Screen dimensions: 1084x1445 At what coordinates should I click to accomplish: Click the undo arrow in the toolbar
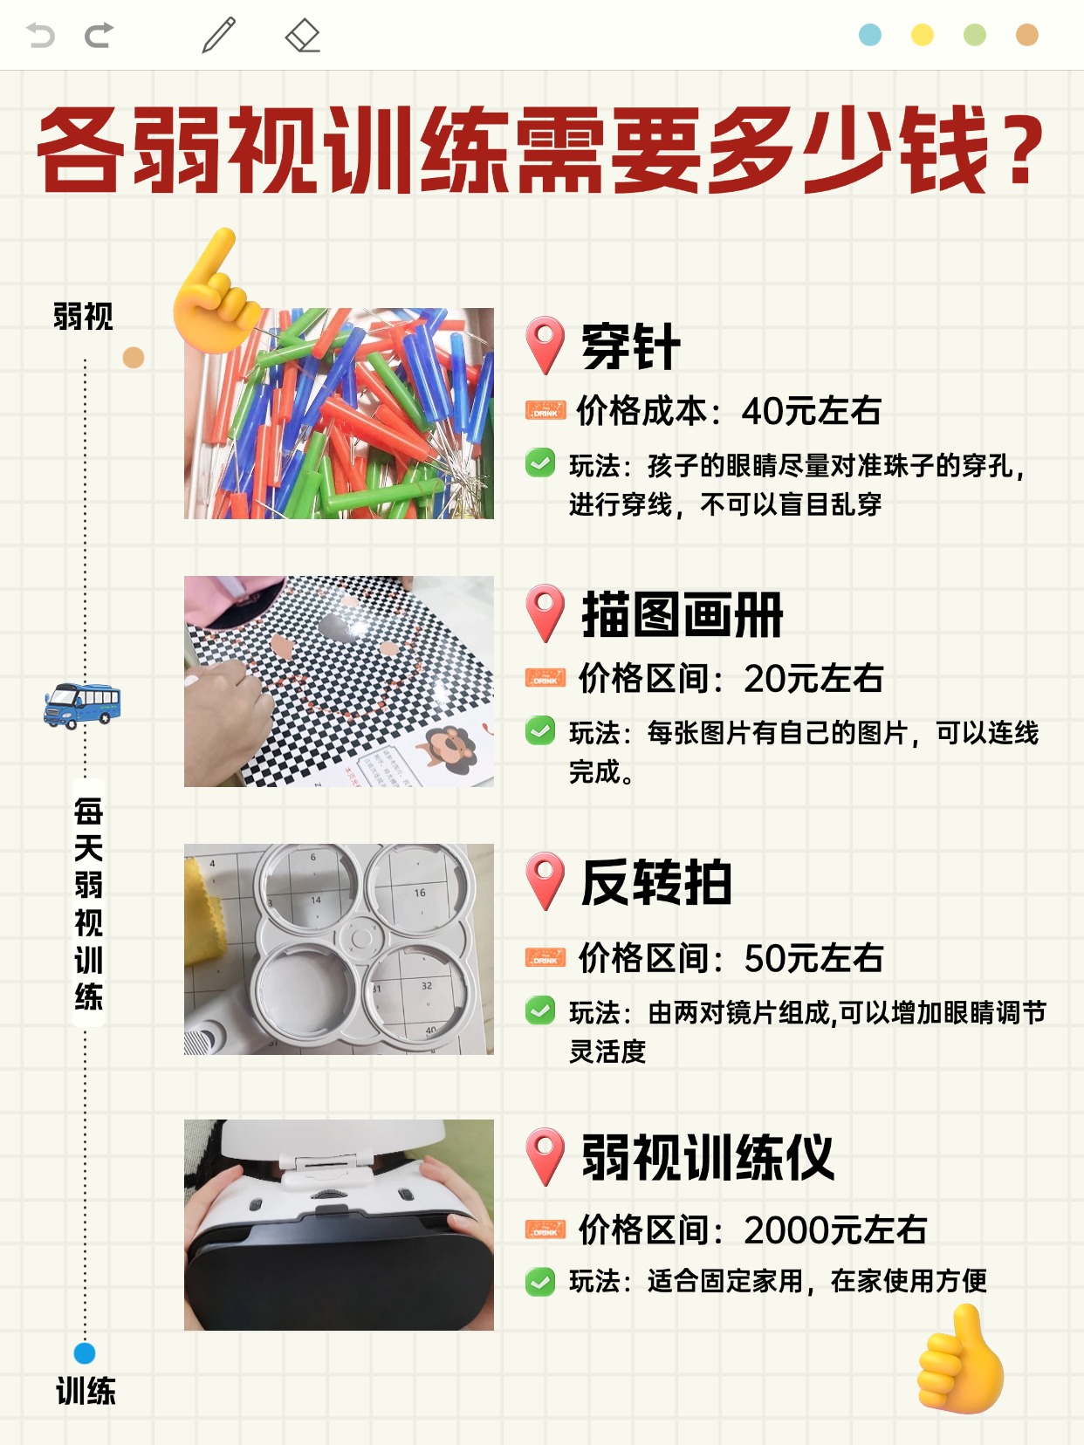[x=40, y=36]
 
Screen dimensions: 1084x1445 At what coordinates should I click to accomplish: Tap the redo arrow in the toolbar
[x=99, y=36]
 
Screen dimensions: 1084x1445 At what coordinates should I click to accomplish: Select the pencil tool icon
[x=218, y=35]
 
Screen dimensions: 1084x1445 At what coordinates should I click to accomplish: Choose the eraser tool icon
[x=303, y=35]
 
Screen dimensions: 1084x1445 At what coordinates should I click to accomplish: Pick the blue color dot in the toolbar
[x=870, y=34]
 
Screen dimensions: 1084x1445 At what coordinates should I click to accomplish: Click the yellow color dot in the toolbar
[x=922, y=34]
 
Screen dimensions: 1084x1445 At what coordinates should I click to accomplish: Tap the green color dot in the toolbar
[x=975, y=34]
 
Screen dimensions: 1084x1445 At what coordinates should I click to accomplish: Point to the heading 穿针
[x=630, y=347]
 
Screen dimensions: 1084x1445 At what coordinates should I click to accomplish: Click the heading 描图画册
[x=682, y=614]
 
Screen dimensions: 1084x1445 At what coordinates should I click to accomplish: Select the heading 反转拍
[x=656, y=882]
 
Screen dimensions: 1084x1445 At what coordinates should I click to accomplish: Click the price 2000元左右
[x=835, y=1229]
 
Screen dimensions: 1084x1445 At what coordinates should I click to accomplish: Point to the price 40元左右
[x=811, y=411]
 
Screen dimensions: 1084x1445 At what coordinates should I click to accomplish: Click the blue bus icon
[x=82, y=706]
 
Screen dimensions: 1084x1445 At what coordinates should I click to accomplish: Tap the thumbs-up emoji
[x=961, y=1359]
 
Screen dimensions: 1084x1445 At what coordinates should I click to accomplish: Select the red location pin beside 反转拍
[x=545, y=881]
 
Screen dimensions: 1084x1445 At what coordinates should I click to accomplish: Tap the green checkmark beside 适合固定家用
[x=540, y=1281]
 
